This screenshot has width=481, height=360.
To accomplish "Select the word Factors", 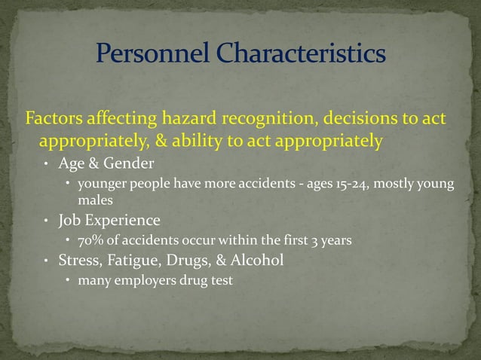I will coord(53,120).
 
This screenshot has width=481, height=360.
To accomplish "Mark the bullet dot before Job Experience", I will coord(45,222).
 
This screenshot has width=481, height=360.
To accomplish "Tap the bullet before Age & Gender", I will coord(45,163).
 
